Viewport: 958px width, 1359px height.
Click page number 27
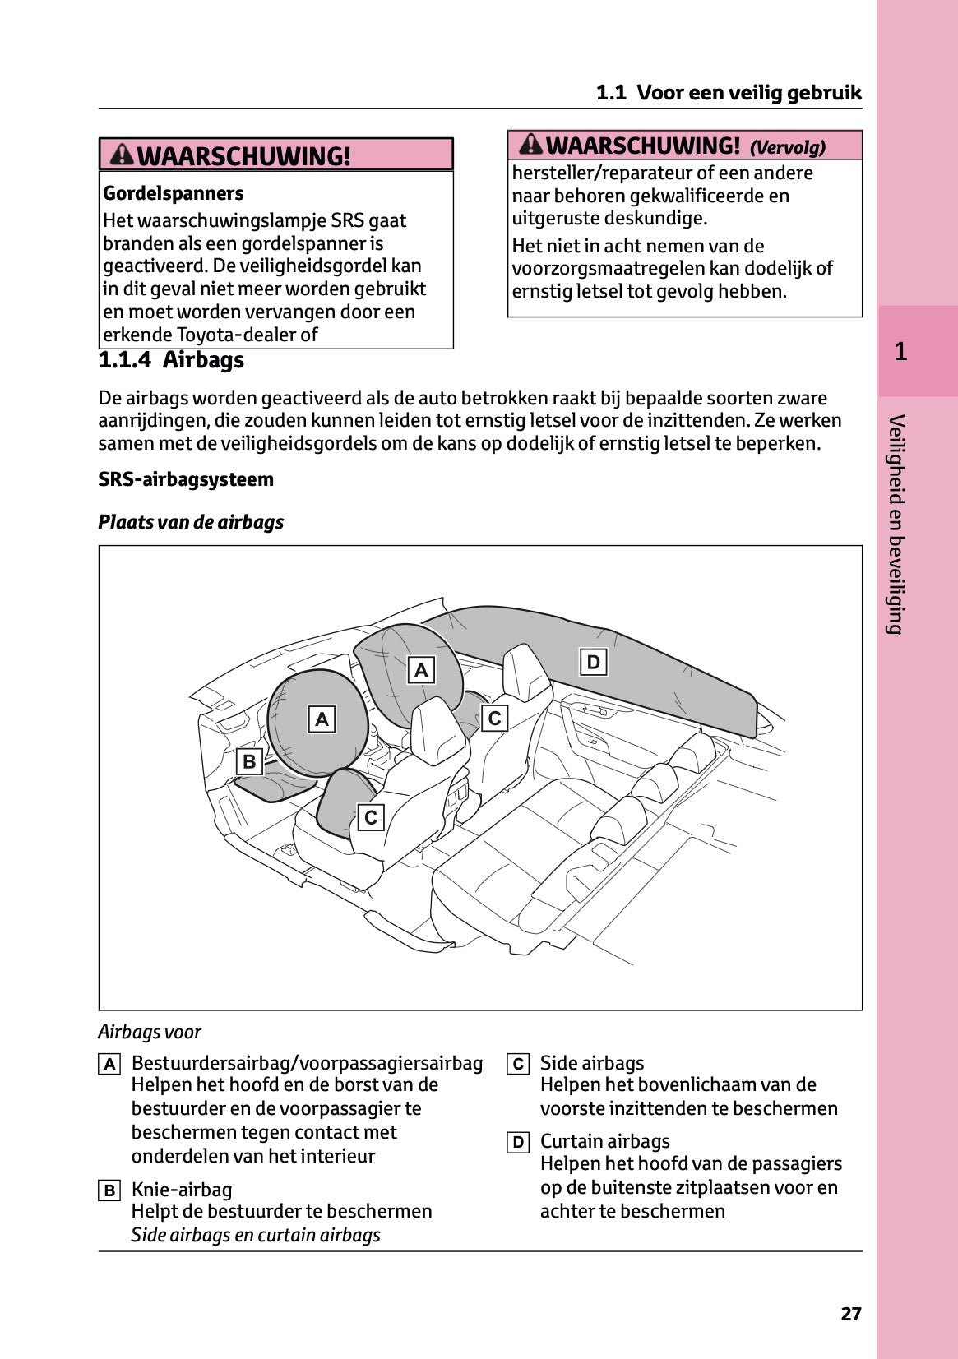tap(850, 1313)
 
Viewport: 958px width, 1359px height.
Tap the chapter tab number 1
tap(901, 352)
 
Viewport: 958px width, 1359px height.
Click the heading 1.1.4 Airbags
tap(171, 360)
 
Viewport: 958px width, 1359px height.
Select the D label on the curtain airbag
tap(593, 662)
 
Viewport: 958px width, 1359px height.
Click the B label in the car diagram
tap(249, 761)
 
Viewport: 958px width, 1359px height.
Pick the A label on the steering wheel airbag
tap(322, 719)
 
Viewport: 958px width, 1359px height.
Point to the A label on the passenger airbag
tap(421, 670)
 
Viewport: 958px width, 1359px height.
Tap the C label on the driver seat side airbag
tap(371, 817)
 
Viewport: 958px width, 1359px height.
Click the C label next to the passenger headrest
tap(494, 718)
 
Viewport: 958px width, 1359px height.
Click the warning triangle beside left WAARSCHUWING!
tap(122, 154)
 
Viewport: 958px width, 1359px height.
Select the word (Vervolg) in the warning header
tap(787, 148)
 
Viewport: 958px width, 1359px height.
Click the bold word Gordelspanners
tap(174, 193)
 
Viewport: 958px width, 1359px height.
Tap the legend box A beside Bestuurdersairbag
tap(109, 1064)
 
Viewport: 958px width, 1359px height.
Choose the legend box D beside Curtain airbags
tap(517, 1142)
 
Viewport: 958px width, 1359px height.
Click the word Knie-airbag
tap(182, 1190)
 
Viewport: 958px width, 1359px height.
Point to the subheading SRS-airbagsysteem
tap(186, 479)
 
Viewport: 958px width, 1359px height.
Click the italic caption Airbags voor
tap(150, 1032)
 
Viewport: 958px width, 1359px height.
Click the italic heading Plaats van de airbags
tap(191, 522)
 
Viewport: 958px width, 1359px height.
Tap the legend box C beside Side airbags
tap(517, 1064)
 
